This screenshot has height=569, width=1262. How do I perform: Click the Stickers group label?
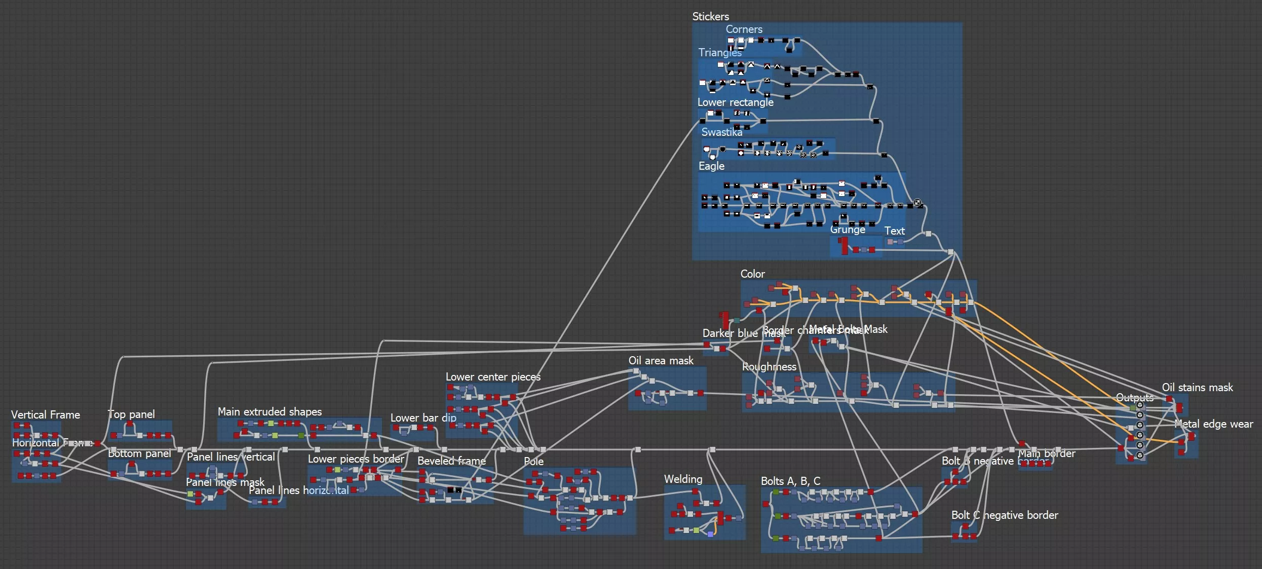tap(710, 17)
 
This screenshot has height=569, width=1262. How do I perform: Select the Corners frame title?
tap(744, 29)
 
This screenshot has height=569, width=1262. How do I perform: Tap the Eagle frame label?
tap(711, 166)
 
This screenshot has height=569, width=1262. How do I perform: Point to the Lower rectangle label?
tap(735, 102)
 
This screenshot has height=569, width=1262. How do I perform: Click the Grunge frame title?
tap(848, 230)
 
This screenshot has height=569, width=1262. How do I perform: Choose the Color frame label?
tap(752, 274)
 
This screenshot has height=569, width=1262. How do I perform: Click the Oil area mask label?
tap(661, 361)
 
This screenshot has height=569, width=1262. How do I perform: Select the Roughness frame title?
tap(769, 367)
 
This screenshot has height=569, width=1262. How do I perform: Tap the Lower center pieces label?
tap(493, 377)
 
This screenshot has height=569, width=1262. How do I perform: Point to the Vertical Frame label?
tap(46, 415)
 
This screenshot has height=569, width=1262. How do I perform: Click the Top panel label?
tap(131, 414)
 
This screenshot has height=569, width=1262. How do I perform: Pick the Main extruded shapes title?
tap(270, 412)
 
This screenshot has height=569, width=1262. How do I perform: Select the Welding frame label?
tap(683, 479)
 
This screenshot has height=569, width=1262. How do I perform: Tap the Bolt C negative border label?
tap(1005, 515)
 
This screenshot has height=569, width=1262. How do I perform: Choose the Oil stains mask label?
tap(1197, 388)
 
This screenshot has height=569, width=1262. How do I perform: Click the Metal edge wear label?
tap(1213, 424)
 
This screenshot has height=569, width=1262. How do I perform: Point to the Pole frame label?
tap(533, 462)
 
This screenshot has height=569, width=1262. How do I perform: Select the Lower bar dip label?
tap(423, 418)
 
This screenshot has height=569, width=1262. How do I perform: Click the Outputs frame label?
tap(1134, 398)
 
